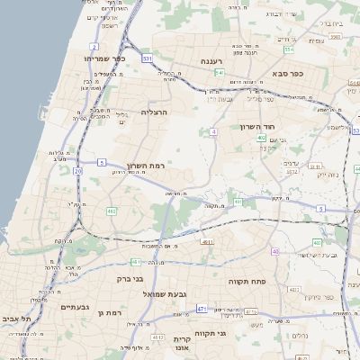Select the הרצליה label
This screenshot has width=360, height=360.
coord(155,112)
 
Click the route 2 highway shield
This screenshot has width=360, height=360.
coord(94,46)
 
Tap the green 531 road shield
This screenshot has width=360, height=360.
coord(147,58)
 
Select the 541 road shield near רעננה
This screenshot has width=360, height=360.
coord(219,73)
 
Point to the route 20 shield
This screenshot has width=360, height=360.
coord(78,170)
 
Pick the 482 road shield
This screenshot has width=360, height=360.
coord(112,211)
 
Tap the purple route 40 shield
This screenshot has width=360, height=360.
coord(276,251)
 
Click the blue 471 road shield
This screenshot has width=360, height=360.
coord(202,309)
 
